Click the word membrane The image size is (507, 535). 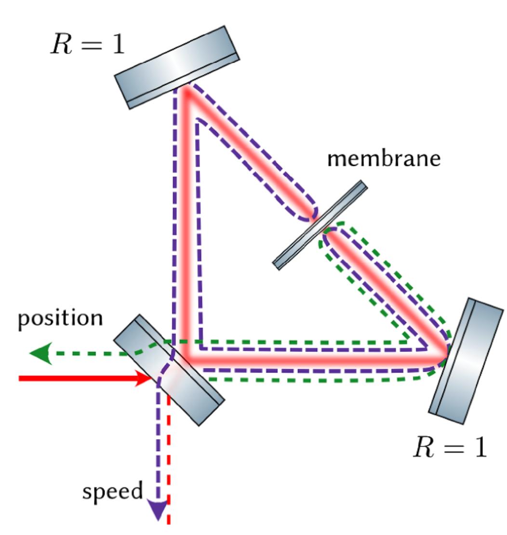tap(384, 159)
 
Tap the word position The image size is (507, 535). tap(60, 319)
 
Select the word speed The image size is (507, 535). tap(112, 491)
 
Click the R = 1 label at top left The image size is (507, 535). tap(88, 44)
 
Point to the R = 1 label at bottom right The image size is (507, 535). tap(450, 447)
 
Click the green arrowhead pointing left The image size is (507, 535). tap(40, 353)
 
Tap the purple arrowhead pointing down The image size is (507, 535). tap(158, 509)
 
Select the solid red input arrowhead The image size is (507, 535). tap(144, 378)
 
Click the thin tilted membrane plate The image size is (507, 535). tap(320, 225)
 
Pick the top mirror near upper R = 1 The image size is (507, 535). tap(177, 67)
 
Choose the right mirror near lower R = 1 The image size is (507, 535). tap(466, 361)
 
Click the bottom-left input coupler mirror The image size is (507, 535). tap(169, 370)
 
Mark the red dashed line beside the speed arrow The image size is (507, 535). tap(169, 459)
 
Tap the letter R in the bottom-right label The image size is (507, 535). tap(424, 447)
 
